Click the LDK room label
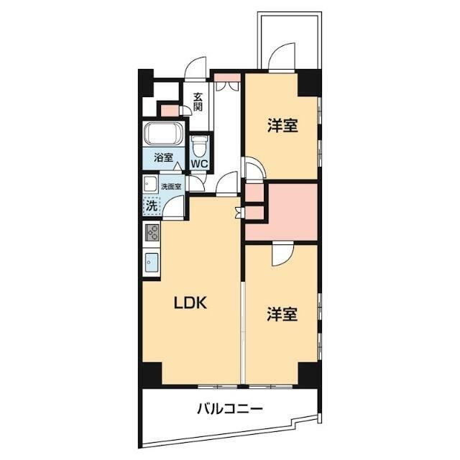tap(190, 303)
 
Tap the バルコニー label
tap(230, 409)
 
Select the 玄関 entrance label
tap(198, 102)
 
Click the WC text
tap(200, 163)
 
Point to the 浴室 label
tap(163, 158)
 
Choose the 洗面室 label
tap(171, 187)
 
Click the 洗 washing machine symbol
tap(152, 206)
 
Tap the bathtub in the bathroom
tap(163, 134)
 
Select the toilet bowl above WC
tap(199, 146)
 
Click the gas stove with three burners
tap(152, 233)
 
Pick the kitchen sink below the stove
tap(152, 262)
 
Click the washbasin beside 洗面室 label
tap(150, 184)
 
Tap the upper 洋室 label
tap(282, 126)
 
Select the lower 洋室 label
tap(282, 314)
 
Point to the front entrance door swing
tap(195, 68)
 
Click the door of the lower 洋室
tap(282, 254)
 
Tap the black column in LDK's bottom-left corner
tap(152, 373)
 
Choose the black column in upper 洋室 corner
tap(308, 83)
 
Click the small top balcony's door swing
tap(282, 57)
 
